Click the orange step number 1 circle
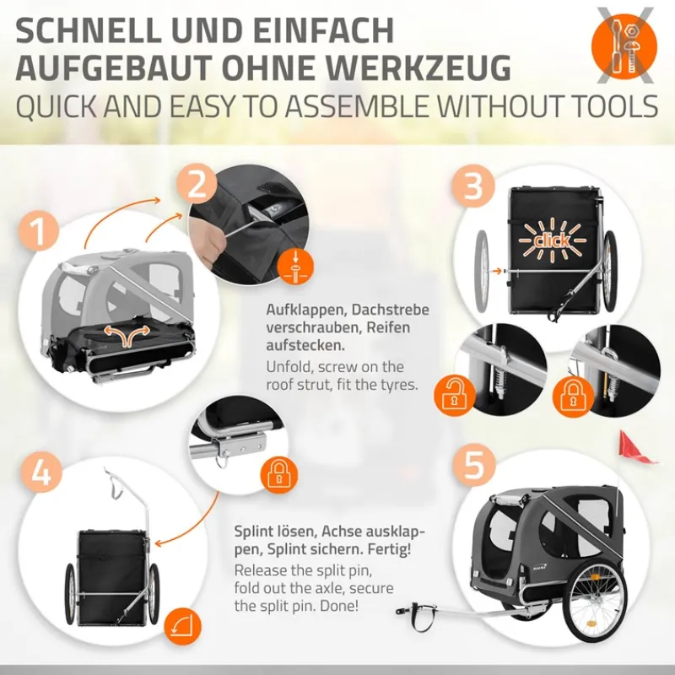tap(38, 231)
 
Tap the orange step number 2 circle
tap(197, 185)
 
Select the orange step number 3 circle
tap(472, 186)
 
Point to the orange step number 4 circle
tap(41, 473)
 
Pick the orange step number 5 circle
tap(473, 466)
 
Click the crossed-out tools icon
tap(624, 46)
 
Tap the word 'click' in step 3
tap(553, 240)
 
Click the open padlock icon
tap(455, 396)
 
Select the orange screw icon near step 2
tap(294, 267)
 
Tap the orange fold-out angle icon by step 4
tap(182, 627)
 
